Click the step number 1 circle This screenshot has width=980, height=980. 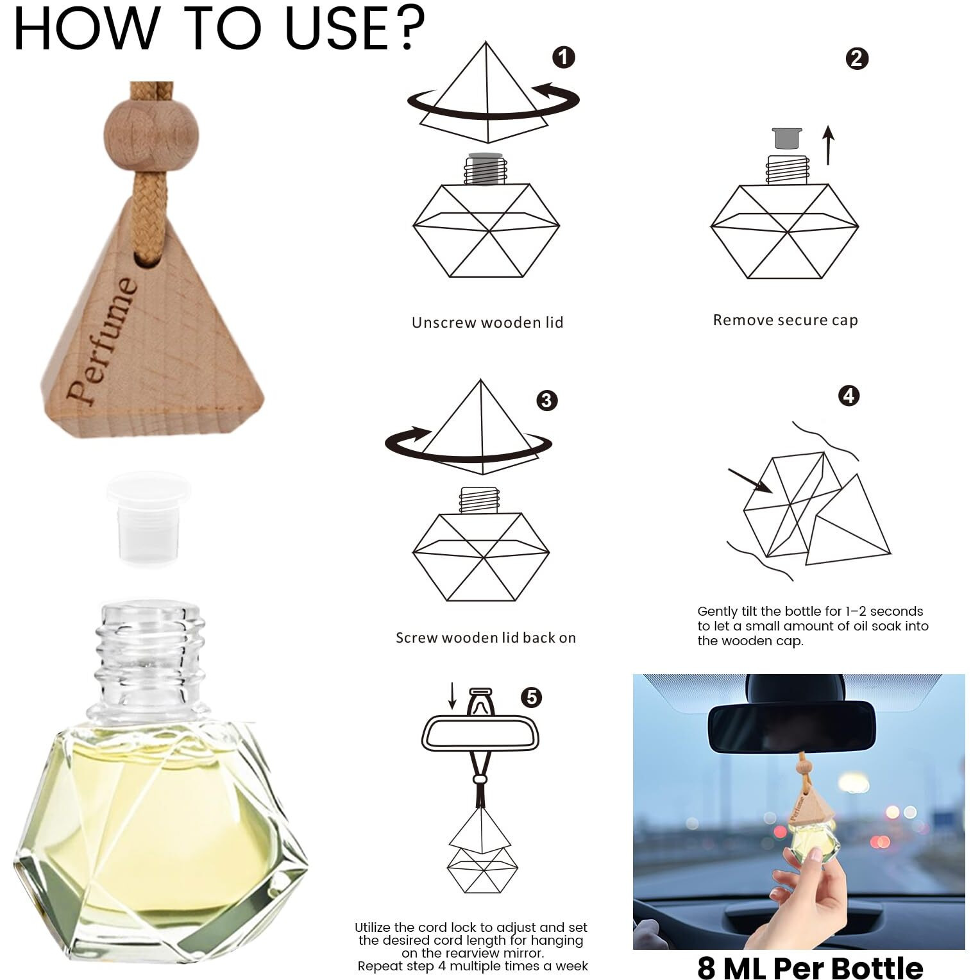564,58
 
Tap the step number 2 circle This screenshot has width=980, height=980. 857,59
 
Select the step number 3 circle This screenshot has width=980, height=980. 546,401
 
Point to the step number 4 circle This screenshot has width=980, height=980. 849,396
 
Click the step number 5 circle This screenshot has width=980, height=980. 532,697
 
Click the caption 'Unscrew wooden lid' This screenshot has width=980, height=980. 487,323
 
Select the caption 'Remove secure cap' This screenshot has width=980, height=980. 785,320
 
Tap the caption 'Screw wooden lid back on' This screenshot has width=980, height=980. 486,638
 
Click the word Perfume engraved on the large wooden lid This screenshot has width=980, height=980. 103,341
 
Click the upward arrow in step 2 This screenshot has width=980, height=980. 829,145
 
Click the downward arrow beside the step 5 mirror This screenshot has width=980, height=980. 452,696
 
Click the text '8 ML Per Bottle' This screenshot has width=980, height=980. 810,967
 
